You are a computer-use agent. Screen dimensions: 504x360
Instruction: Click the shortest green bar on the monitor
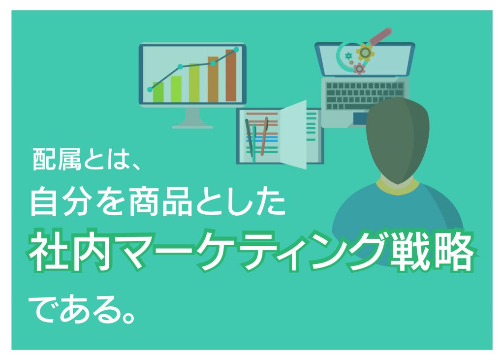(158, 92)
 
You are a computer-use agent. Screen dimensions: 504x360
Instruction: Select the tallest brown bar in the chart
(231, 76)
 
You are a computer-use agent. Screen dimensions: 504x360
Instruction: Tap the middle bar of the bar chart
(194, 83)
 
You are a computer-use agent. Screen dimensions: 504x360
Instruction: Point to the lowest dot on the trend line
(150, 90)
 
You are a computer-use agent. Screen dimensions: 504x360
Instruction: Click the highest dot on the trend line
(236, 50)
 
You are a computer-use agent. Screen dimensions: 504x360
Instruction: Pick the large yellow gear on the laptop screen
(365, 52)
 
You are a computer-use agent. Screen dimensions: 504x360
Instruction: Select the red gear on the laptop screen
(359, 68)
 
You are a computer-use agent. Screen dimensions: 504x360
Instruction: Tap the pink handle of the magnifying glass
(380, 36)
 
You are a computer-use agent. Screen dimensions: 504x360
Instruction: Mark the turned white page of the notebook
(293, 134)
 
